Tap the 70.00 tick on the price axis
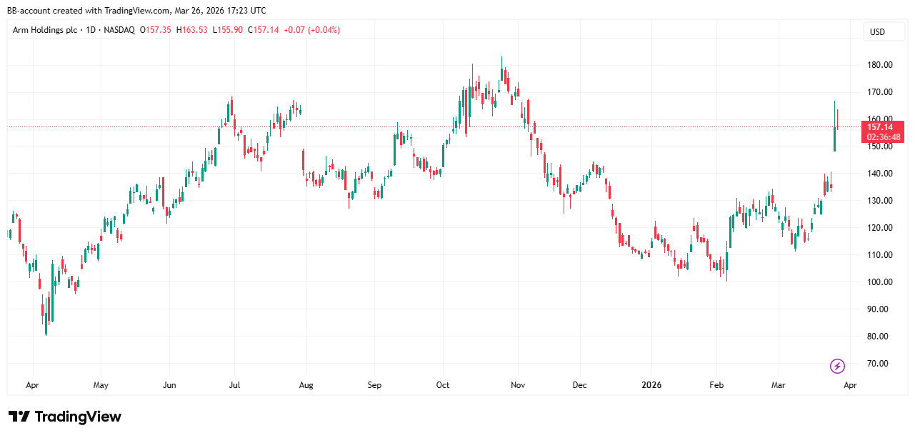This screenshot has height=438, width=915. click(x=878, y=364)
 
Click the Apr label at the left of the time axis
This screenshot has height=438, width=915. click(x=32, y=385)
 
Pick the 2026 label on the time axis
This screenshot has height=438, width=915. click(x=651, y=385)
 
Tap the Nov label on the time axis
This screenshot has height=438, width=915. click(x=518, y=385)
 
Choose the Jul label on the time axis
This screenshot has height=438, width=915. click(x=234, y=385)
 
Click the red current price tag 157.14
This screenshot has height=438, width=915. click(x=884, y=127)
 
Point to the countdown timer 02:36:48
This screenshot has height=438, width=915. click(x=884, y=137)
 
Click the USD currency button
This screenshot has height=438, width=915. click(x=877, y=32)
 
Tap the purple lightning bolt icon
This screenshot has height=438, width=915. click(x=837, y=367)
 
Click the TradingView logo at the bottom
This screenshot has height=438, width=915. click(x=65, y=417)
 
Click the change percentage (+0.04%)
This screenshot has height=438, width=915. click(x=322, y=30)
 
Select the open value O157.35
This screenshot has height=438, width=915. click(x=154, y=30)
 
